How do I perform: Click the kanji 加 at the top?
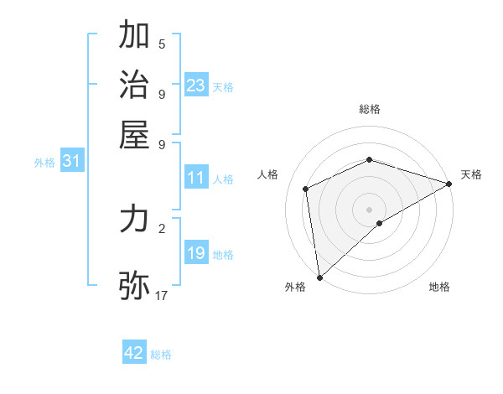click(134, 36)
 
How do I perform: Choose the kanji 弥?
click(134, 284)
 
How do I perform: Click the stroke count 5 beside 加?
click(162, 44)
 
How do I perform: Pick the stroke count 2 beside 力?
click(162, 227)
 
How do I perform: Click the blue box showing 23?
click(196, 86)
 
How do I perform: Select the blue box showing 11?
click(196, 178)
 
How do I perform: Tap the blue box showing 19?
click(196, 253)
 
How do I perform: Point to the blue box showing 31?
click(71, 162)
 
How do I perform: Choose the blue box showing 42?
click(134, 353)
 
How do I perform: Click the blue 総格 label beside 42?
click(161, 355)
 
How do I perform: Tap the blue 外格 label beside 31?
click(44, 163)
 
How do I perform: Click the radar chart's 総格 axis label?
click(370, 109)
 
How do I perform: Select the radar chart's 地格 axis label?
click(439, 288)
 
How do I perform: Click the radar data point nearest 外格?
click(319, 277)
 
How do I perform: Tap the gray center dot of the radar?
click(370, 209)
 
